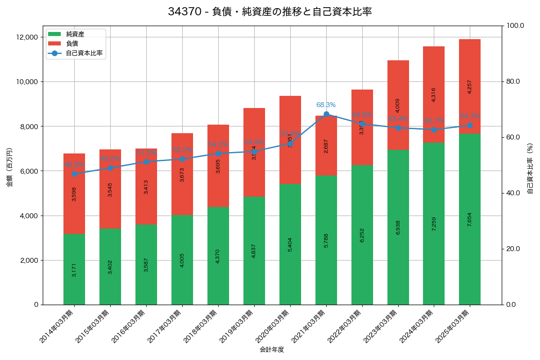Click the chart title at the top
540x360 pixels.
coord(270,12)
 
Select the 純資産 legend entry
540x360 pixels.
coord(75,34)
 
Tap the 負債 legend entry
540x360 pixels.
coord(72,44)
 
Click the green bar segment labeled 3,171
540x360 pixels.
coord(74,269)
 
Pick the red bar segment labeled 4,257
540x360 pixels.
coord(470,86)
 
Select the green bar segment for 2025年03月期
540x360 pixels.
coord(470,219)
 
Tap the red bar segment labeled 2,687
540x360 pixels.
coord(326,145)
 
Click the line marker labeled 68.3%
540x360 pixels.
coord(326,114)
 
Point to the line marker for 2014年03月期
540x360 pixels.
coord(74,174)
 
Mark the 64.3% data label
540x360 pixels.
coord(470,116)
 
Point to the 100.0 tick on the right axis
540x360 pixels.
coord(515,26)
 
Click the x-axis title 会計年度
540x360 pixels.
coord(272,350)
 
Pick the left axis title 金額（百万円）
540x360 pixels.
coord(9,167)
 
